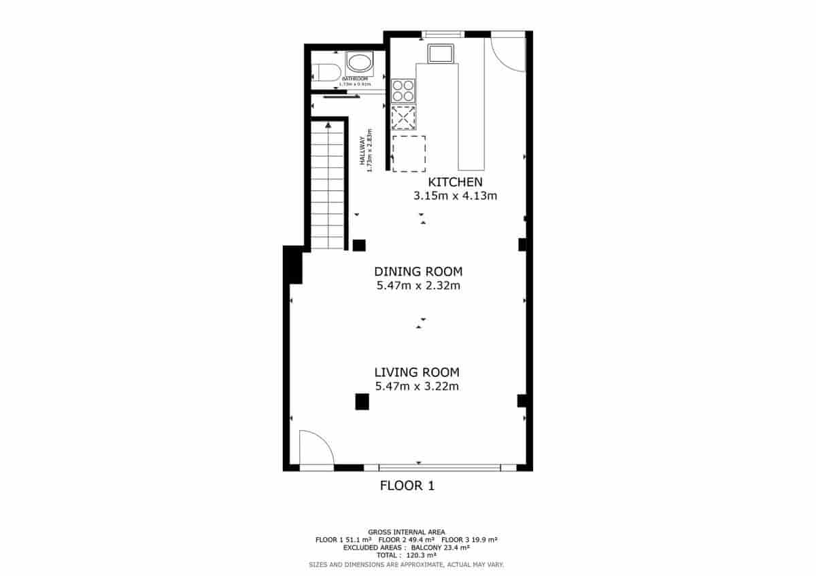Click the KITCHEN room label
point(455,182)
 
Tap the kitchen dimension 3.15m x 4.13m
point(455,196)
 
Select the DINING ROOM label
point(418,272)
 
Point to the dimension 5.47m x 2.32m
point(418,286)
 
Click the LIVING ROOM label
point(417,372)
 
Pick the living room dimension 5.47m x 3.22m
point(417,386)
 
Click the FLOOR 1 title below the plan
point(407,486)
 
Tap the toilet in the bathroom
point(326,73)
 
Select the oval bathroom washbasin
point(358,65)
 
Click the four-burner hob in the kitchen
point(403,90)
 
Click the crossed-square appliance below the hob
point(403,118)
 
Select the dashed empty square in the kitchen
point(409,153)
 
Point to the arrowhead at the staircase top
point(328,124)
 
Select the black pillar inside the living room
point(362,402)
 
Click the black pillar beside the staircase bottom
point(359,245)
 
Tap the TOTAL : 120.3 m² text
point(406,554)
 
